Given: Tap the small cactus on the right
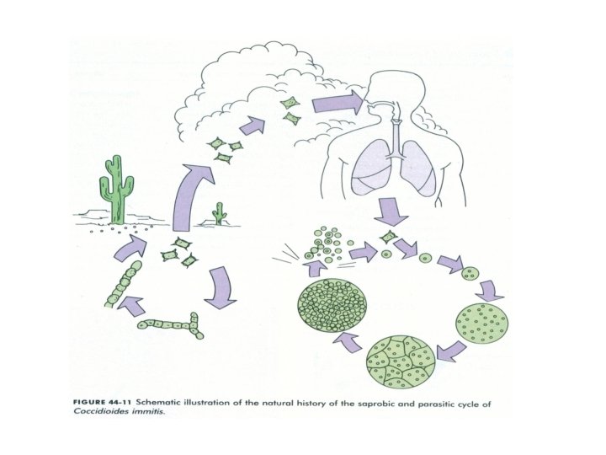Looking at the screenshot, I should [x=221, y=214].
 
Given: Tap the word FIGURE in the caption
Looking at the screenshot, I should [x=83, y=404].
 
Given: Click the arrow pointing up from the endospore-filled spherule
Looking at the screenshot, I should [x=313, y=268].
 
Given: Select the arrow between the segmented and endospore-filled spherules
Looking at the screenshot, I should [x=350, y=342].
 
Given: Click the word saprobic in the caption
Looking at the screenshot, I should [x=375, y=404].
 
